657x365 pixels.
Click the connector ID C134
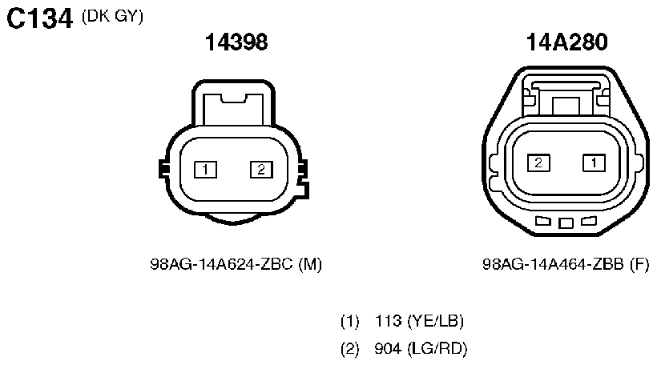click(40, 19)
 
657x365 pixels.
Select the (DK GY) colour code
click(112, 16)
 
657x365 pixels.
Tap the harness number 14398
click(236, 42)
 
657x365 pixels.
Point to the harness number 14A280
click(566, 42)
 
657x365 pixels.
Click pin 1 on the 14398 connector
click(205, 170)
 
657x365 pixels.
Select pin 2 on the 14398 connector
click(261, 170)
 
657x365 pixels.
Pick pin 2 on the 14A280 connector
click(539, 162)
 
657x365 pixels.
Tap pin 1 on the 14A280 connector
click(595, 162)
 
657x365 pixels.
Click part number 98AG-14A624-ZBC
click(221, 264)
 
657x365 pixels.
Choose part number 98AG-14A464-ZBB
click(553, 264)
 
